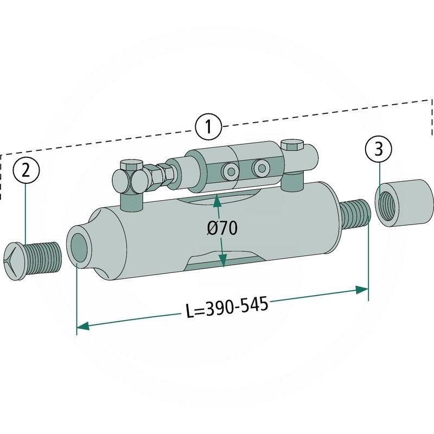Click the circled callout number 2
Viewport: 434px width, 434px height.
27,172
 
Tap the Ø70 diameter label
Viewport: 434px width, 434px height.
222,228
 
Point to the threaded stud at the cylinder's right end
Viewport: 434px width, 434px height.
355,213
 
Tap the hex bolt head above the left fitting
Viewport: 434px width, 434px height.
131,166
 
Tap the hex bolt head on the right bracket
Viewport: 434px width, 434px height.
292,145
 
